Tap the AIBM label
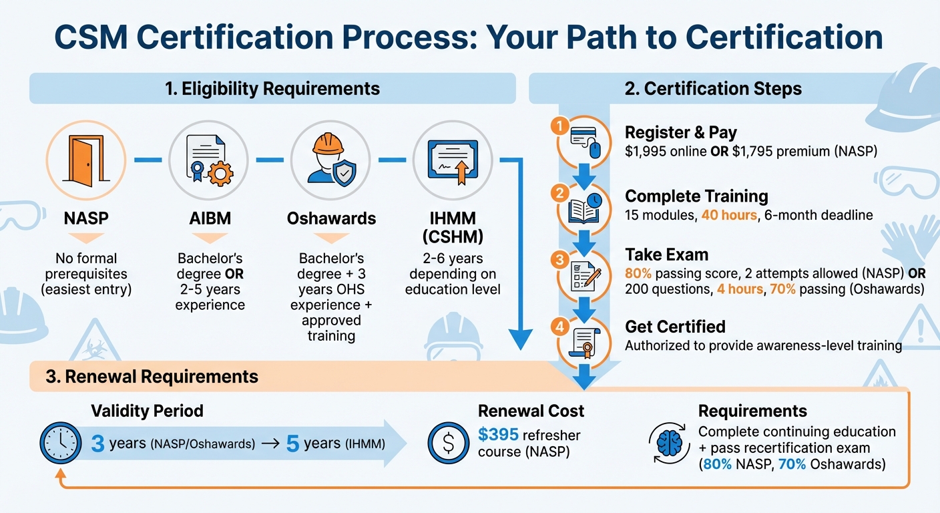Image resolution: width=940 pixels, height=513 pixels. point(210,218)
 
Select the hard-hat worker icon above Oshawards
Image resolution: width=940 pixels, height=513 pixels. point(331,160)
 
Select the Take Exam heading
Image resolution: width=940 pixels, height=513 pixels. point(666,254)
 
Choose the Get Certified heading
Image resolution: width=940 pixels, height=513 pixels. point(675,327)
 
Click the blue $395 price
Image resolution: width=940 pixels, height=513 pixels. point(498,435)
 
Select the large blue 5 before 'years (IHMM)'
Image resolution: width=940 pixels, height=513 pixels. point(292,444)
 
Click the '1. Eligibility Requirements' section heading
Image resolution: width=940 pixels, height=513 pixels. point(272,88)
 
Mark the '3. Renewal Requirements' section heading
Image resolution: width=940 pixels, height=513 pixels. point(152,377)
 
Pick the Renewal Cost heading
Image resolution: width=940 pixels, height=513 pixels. point(531,411)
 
